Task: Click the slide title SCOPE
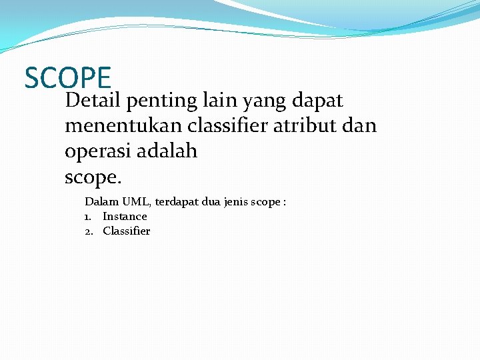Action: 67,77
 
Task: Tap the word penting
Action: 161,101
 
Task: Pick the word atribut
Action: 301,126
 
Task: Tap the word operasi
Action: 98,152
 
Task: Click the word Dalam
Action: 101,201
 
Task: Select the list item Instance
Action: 125,216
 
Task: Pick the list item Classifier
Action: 127,231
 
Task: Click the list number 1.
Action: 87,216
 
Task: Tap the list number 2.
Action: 88,231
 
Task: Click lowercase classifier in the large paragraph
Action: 217,126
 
